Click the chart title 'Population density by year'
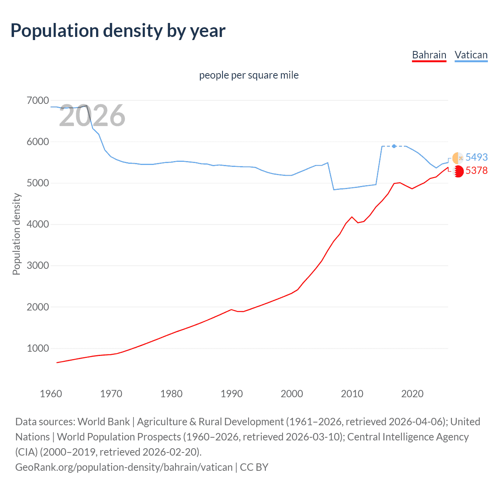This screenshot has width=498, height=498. (118, 31)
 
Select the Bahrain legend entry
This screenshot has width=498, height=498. (429, 55)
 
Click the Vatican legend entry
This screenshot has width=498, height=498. (471, 55)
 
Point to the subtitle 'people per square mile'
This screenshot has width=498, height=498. (249, 75)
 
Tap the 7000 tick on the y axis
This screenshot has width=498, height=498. (38, 100)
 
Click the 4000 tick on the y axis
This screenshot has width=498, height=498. (38, 224)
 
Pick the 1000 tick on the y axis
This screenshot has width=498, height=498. (38, 348)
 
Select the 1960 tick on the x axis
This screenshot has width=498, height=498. (51, 394)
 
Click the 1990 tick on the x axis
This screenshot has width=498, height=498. (231, 394)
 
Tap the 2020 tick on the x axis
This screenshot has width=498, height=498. (412, 394)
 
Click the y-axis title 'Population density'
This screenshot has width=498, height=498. (16, 234)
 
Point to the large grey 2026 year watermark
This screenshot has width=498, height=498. (92, 116)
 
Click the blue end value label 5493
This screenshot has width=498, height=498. (476, 157)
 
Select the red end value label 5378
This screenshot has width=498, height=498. (476, 170)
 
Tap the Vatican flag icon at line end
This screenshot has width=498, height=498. (458, 158)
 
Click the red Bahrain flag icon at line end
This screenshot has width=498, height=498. (458, 171)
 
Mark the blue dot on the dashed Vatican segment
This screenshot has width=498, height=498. (394, 146)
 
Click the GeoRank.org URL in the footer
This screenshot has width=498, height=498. (124, 467)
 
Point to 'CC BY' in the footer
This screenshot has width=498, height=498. (254, 467)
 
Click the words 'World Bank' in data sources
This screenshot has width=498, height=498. (103, 422)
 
